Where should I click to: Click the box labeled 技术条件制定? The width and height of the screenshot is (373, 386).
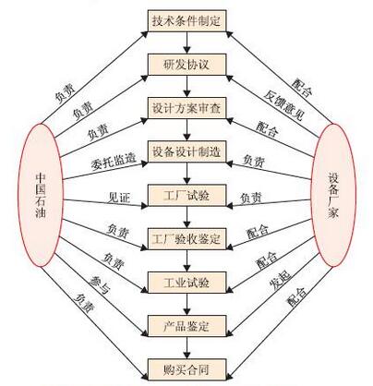187,21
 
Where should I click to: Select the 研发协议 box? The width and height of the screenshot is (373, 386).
187,65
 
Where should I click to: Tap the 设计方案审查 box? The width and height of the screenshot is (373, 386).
187,108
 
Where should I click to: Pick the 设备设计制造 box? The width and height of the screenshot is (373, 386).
187,151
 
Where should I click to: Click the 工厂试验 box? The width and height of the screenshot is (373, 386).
187,195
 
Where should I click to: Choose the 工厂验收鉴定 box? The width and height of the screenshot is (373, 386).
187,239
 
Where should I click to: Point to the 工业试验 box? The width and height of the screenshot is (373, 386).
187,283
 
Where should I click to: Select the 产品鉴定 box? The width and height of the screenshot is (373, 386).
187,326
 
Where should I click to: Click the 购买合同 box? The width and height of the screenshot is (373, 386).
187,369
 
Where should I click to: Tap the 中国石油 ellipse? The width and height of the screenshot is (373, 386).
41,195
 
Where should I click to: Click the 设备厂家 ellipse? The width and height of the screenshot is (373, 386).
333,195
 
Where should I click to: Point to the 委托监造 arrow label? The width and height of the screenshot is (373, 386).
114,162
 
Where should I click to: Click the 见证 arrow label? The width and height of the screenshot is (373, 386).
119,198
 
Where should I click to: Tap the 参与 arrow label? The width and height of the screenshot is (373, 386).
99,284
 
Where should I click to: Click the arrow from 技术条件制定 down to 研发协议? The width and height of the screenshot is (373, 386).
187,42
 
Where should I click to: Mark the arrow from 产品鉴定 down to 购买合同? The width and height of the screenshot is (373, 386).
187,348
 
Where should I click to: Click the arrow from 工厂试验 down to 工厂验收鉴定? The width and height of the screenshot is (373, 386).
187,217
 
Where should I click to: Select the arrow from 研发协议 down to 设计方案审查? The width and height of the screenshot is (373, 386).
187,87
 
